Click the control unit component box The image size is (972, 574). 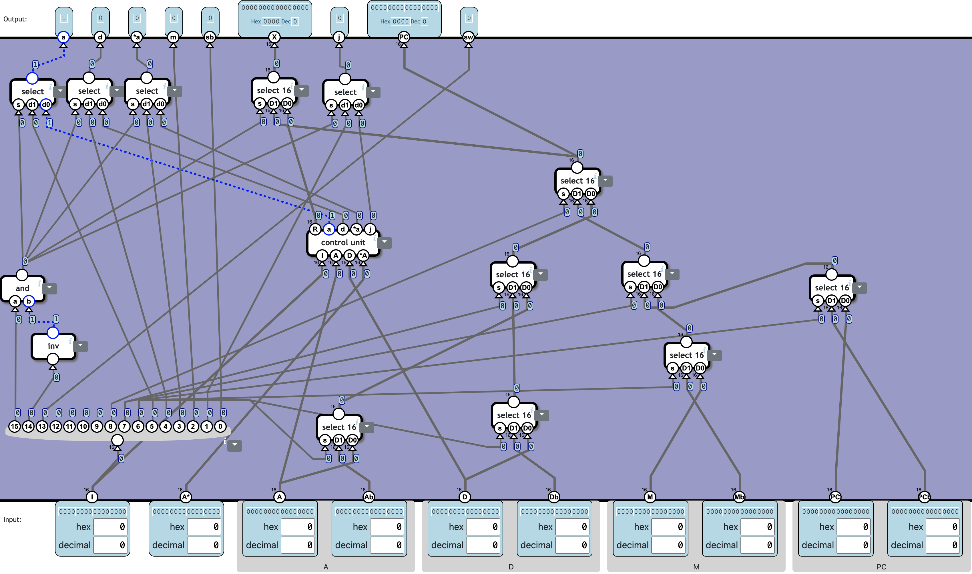point(343,242)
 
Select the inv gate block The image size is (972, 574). point(53,346)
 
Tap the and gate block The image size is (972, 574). point(22,288)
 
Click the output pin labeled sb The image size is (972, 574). point(210,37)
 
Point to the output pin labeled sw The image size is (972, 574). point(468,37)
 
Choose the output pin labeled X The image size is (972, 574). point(274,37)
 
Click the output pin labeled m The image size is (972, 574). point(173,37)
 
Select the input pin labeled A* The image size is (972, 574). point(186,497)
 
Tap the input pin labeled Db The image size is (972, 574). point(554,497)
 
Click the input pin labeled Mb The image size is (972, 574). point(739,497)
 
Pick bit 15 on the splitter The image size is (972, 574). point(15,426)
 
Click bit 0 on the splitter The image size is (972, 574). point(220,426)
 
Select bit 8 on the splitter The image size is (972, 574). point(111,426)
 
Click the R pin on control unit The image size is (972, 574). point(315,229)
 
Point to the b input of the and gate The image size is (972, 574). point(29,301)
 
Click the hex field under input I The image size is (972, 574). point(110,527)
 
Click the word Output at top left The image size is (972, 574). point(15,19)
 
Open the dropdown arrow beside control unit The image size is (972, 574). point(385,242)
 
